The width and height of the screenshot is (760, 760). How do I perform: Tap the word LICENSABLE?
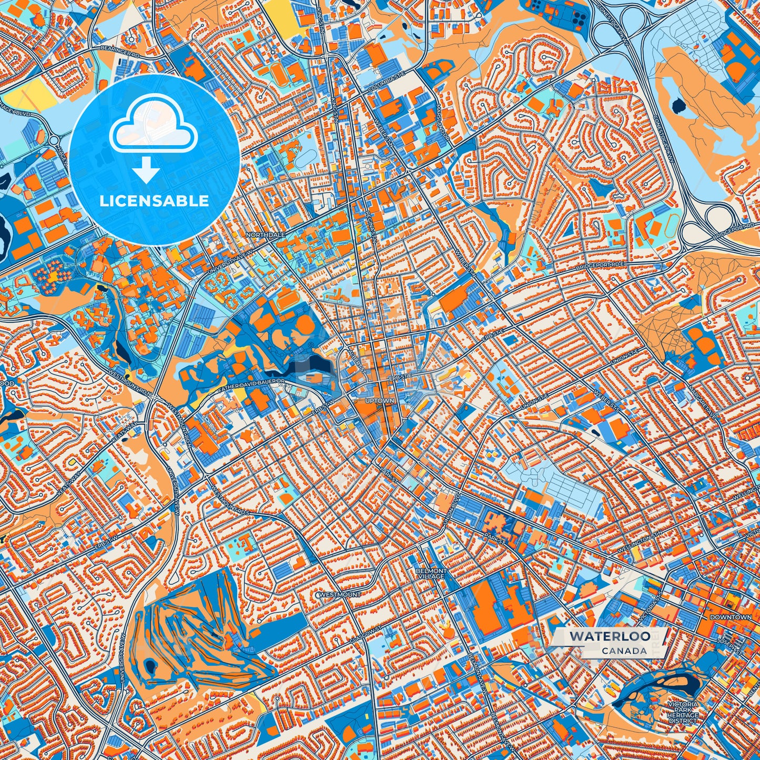coord(154,200)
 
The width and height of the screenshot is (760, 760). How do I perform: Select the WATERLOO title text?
coord(609,636)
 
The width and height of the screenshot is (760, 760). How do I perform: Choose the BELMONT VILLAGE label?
coord(431,573)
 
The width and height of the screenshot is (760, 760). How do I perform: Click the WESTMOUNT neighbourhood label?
coord(340,594)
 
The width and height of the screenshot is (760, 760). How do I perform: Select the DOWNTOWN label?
coord(731,617)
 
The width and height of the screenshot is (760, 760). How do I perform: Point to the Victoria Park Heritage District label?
coord(683,712)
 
